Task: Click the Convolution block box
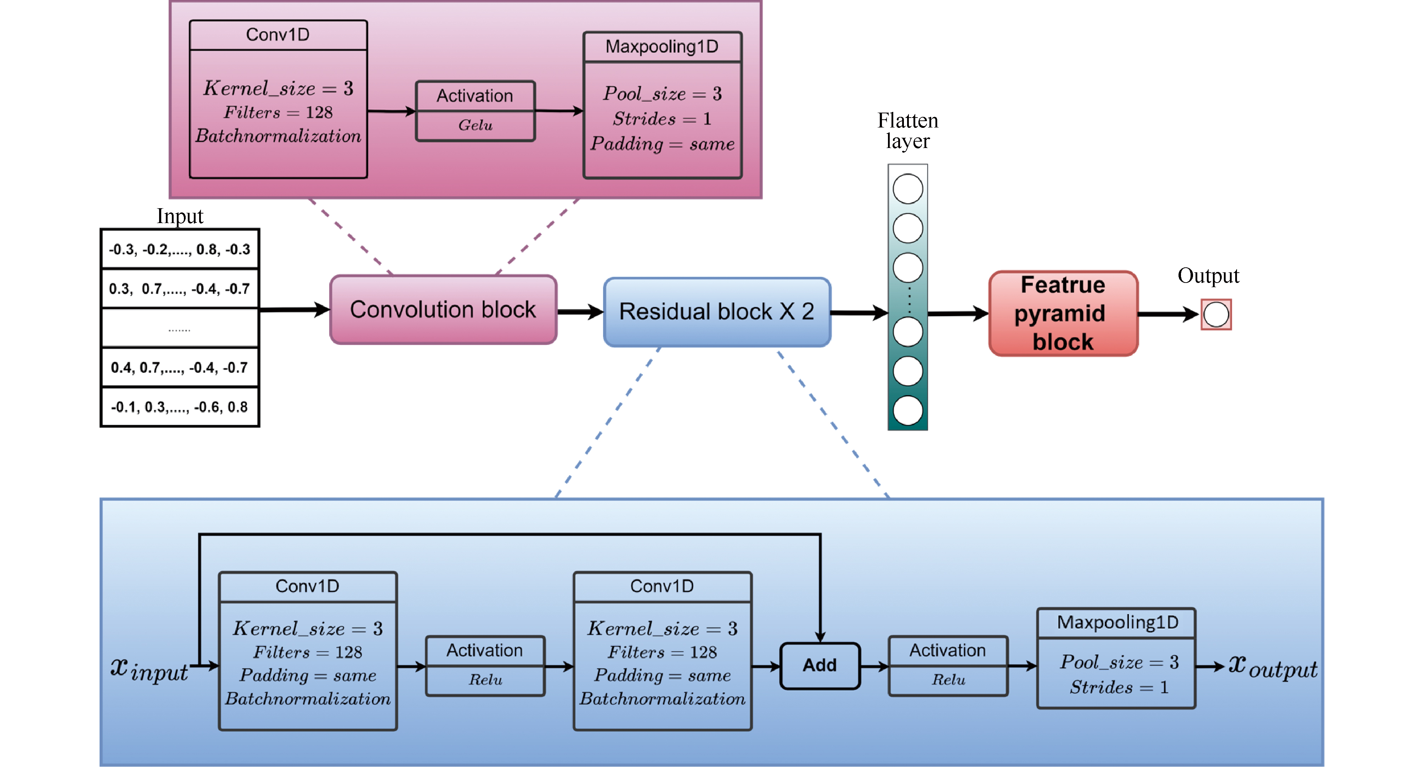pos(443,310)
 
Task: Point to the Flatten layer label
pos(907,131)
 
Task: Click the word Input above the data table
pos(180,216)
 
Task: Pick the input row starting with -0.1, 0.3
pos(180,407)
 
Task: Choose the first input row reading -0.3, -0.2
pos(180,250)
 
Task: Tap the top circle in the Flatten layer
pos(907,189)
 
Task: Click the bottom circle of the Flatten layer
pos(907,411)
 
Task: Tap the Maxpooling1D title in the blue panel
pos(1117,622)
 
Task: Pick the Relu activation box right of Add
pos(947,665)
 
